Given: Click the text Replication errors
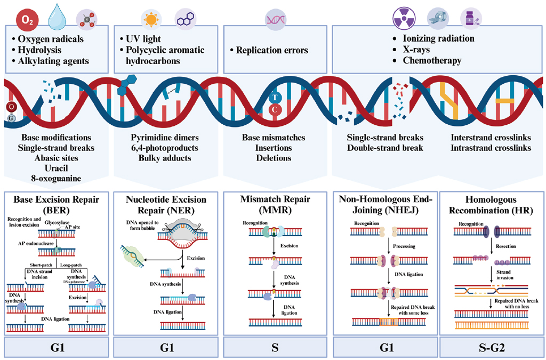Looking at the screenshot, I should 269,51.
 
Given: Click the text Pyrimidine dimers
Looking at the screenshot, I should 166,137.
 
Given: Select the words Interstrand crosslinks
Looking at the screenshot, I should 491,137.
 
